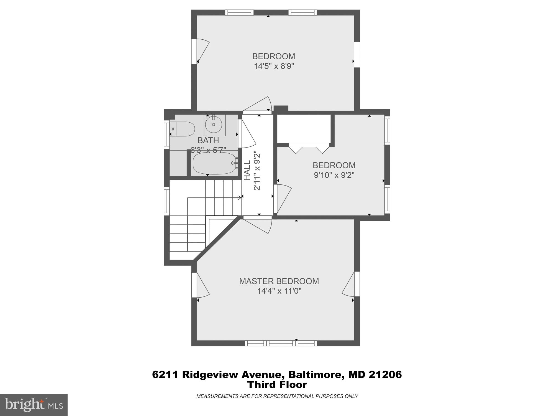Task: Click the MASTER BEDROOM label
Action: (279, 281)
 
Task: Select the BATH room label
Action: (208, 140)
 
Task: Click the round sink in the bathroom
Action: (213, 125)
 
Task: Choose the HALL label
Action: (247, 170)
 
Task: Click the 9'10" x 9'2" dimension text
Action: (334, 175)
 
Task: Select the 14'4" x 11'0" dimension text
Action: (279, 291)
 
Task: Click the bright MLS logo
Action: (34, 405)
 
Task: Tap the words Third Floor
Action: (277, 385)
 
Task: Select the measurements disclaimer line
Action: (277, 396)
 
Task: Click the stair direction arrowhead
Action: (239, 197)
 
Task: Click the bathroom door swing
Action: (248, 134)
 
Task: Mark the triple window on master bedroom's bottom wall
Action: (281, 343)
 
